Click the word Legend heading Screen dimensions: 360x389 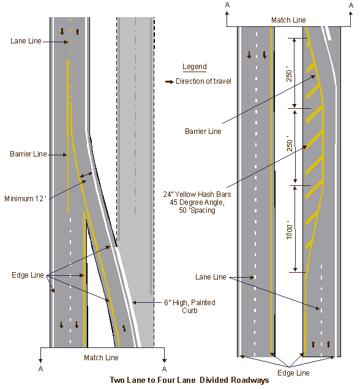[x=195, y=67]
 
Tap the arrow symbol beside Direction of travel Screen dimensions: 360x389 [x=170, y=81]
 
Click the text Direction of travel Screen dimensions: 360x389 [x=203, y=81]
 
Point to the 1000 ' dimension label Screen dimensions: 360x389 [x=290, y=232]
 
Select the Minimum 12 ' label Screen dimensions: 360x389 [x=25, y=198]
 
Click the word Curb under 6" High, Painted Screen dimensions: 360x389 [x=190, y=311]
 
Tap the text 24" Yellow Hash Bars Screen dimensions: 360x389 [x=197, y=194]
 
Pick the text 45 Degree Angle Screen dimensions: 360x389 [x=197, y=202]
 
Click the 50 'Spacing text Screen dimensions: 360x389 [x=197, y=210]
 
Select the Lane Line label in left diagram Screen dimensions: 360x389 [x=26, y=41]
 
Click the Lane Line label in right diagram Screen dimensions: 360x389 [x=211, y=277]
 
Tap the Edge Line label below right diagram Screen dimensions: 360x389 [x=293, y=373]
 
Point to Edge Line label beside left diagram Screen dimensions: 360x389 [x=28, y=275]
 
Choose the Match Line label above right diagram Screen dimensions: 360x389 [x=288, y=20]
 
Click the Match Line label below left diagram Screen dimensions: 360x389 [x=101, y=357]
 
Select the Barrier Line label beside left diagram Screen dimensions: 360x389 [x=28, y=154]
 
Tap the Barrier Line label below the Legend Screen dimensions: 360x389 [x=203, y=132]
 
